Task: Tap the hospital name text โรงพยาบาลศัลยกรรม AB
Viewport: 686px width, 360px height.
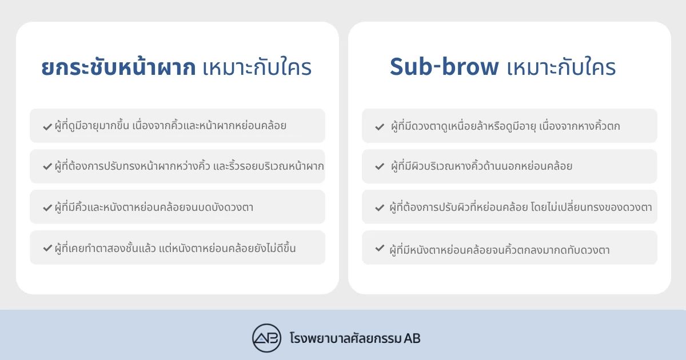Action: (x=355, y=338)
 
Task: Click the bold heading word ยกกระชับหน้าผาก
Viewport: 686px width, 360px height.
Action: (x=118, y=66)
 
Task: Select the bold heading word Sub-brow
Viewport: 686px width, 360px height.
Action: (x=444, y=66)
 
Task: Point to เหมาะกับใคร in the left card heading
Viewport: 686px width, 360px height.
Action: (x=257, y=67)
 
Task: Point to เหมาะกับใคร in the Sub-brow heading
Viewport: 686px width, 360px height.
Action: (x=561, y=67)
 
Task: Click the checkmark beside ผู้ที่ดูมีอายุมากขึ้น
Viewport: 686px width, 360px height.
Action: (x=47, y=126)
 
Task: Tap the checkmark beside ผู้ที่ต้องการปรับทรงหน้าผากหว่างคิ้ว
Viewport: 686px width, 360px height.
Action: (x=47, y=166)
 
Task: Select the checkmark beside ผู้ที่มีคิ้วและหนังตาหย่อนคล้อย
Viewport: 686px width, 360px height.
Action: (x=47, y=208)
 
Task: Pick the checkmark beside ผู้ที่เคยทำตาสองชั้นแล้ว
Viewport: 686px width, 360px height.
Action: (x=47, y=247)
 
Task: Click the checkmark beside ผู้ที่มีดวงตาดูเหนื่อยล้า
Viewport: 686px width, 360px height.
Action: (x=380, y=126)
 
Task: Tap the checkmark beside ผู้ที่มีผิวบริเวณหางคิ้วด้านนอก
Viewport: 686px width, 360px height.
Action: (x=380, y=166)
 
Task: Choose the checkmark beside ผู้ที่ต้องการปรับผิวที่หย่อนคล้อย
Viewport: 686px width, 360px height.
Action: (x=380, y=207)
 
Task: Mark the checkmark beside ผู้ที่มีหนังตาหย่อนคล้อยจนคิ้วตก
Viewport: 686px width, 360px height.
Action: (x=380, y=247)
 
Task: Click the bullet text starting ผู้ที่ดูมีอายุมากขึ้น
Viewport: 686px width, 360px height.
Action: (x=170, y=125)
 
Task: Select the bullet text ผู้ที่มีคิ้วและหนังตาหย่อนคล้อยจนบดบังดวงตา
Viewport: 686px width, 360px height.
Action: (x=154, y=207)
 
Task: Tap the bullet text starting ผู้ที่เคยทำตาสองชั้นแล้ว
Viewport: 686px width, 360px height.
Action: (x=175, y=247)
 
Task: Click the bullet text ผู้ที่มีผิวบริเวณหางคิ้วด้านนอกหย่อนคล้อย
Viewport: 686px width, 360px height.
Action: (x=481, y=166)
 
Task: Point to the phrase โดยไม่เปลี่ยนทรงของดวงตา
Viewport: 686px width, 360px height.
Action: (x=591, y=207)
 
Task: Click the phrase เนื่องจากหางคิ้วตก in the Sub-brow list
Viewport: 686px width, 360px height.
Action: (x=580, y=126)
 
